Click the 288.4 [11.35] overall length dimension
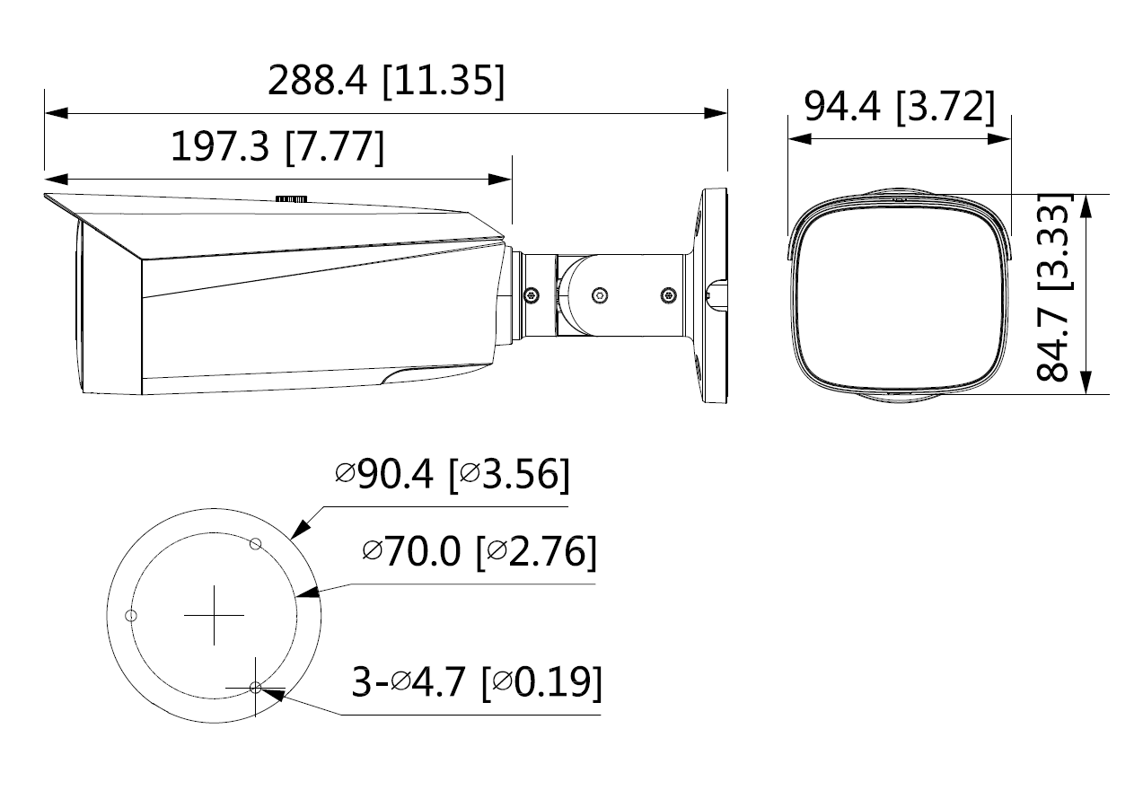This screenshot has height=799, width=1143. (x=386, y=81)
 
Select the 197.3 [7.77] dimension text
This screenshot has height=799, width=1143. (x=277, y=146)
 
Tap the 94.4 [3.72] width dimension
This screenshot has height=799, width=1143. (x=899, y=108)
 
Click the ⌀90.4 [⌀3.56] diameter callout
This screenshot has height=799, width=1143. (x=452, y=474)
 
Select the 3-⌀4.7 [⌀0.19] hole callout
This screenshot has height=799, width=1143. (x=476, y=683)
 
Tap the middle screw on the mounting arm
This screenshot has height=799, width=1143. (x=599, y=294)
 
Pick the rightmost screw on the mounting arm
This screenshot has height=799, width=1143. (x=666, y=294)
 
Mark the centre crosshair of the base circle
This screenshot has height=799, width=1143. (x=214, y=615)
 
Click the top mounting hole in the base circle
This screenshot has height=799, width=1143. (x=256, y=544)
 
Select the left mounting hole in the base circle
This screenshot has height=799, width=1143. (x=131, y=615)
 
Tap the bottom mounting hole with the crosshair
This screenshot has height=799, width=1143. (x=256, y=687)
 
